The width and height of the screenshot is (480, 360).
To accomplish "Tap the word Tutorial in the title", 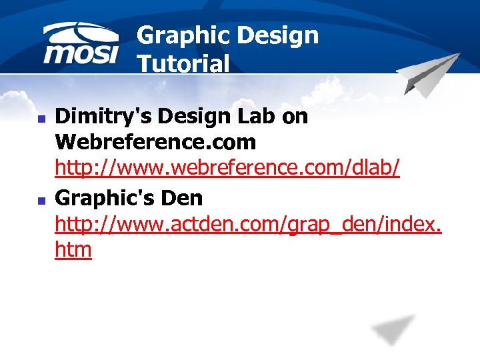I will [183, 63].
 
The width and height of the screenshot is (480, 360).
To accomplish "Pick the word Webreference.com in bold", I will [155, 142].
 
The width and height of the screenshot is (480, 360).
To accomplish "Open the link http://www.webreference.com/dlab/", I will [227, 168].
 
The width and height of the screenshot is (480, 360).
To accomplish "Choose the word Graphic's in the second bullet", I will [105, 197].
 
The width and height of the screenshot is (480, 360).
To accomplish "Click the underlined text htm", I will [73, 250].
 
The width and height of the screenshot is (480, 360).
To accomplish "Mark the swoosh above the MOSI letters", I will [81, 33].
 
